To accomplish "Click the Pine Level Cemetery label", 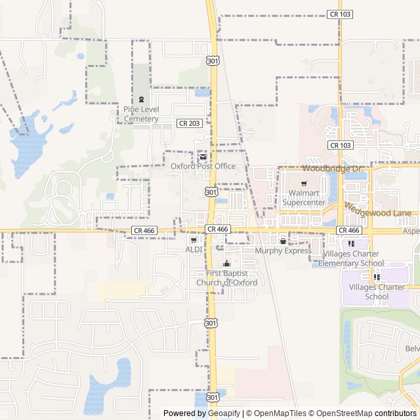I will pyautogui.click(x=140, y=114).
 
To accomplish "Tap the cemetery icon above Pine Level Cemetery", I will pyautogui.click(x=140, y=98).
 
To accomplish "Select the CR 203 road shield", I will pyautogui.click(x=189, y=123).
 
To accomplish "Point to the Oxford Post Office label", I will pyautogui.click(x=203, y=167).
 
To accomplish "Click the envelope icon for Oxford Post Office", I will pyautogui.click(x=202, y=157).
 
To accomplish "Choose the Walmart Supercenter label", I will pyautogui.click(x=304, y=198).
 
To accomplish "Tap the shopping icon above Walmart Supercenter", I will pyautogui.click(x=304, y=184).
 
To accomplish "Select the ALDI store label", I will pyautogui.click(x=194, y=250).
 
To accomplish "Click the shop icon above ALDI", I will pyautogui.click(x=193, y=240).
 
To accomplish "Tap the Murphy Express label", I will pyautogui.click(x=283, y=251).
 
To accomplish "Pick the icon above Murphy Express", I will pyautogui.click(x=283, y=241).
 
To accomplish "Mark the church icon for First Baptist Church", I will pyautogui.click(x=226, y=264).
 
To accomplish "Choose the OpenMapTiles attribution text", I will pyautogui.click(x=280, y=413).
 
